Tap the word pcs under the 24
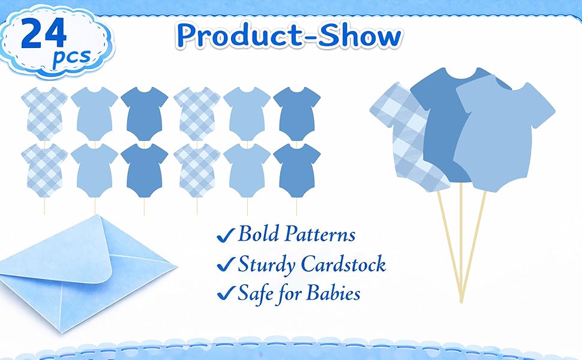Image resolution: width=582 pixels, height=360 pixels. click(x=72, y=57)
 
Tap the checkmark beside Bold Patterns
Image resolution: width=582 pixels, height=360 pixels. click(x=225, y=235)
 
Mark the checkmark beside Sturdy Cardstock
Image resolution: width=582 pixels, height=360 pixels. click(x=225, y=264)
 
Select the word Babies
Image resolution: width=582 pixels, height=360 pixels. click(x=333, y=293)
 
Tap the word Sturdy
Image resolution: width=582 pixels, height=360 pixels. click(x=266, y=265)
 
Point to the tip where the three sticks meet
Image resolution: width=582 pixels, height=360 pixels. click(x=461, y=301)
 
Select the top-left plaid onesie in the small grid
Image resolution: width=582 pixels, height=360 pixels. click(x=44, y=114)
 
